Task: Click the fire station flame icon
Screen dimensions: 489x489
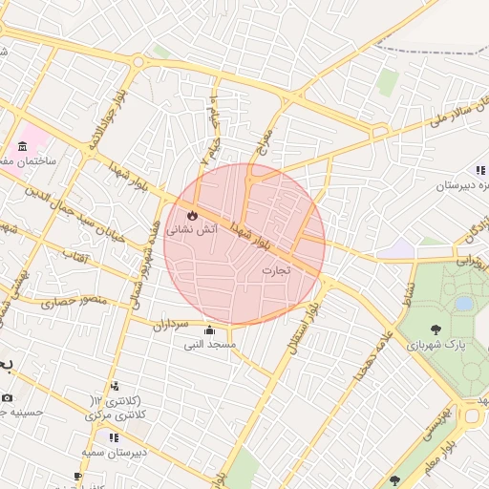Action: [194, 214]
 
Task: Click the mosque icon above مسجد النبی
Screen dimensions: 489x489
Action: [210, 330]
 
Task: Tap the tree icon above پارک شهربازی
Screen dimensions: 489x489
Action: [437, 330]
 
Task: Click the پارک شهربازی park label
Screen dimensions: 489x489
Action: [439, 345]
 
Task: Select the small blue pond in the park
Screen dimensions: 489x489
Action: [464, 304]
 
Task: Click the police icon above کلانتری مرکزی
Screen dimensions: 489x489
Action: [116, 387]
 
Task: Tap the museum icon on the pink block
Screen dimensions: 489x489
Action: [22, 146]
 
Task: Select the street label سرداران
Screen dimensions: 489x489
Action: [177, 324]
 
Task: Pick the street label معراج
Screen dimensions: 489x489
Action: [265, 142]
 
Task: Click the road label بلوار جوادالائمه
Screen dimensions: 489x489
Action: [103, 124]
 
